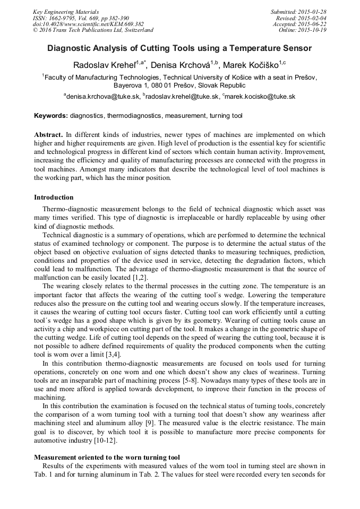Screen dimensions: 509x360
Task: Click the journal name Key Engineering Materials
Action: click(65, 12)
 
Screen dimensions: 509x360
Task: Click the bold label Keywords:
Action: click(51, 115)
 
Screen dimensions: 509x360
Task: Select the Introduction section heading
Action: click(54, 197)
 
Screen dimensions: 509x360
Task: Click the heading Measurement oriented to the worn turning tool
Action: click(107, 457)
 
